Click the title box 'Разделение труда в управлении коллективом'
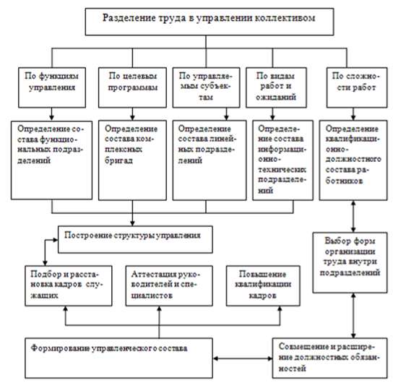pyautogui.click(x=210, y=22)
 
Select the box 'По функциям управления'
pyautogui.click(x=52, y=87)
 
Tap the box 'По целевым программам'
pyautogui.click(x=132, y=87)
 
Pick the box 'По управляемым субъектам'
pyautogui.click(x=206, y=87)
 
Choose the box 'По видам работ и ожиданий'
pyautogui.click(x=276, y=87)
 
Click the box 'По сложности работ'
pyautogui.click(x=357, y=87)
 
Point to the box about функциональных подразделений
pyautogui.click(x=51, y=160)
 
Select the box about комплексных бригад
pyautogui.click(x=132, y=160)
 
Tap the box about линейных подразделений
pyautogui.click(x=210, y=160)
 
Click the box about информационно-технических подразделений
pyautogui.click(x=282, y=160)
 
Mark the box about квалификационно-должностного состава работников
pyautogui.click(x=353, y=160)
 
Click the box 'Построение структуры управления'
pyautogui.click(x=135, y=240)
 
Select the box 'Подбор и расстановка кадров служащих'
pyautogui.click(x=69, y=285)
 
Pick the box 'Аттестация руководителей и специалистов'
pyautogui.click(x=169, y=285)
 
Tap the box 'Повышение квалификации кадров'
pyautogui.click(x=263, y=285)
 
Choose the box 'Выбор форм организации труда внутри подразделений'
pyautogui.click(x=350, y=262)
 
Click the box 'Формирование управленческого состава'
pyautogui.click(x=118, y=358)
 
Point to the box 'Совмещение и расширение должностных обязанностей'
pyautogui.click(x=330, y=358)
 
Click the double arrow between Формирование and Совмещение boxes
pyautogui.click(x=243, y=358)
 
